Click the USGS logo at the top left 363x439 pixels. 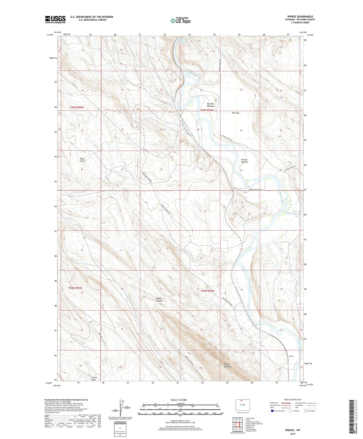pos(55,19)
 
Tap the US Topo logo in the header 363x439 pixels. pos(180,21)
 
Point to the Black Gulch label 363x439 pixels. pos(82,160)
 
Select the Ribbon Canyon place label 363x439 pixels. pos(159,299)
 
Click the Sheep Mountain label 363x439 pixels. pos(228,365)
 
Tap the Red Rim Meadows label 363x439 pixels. pos(211,105)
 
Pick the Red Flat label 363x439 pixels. pos(235,113)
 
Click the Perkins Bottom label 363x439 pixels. pos(244,161)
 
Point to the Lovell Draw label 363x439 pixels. pos(94,378)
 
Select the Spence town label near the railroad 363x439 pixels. pos(291,356)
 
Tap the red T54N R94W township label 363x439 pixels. pos(207,291)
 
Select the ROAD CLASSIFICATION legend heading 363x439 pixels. pos(293,400)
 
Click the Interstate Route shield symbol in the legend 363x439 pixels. pos(272,411)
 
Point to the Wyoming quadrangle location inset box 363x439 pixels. pos(243,405)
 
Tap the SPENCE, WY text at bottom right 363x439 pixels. pos(293,430)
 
